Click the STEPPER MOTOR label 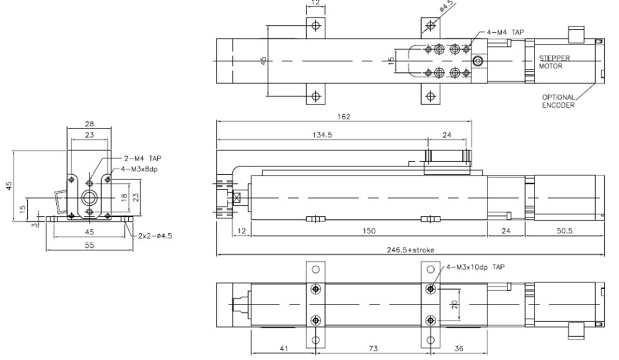tap(555, 62)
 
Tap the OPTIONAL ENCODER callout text tap(558, 101)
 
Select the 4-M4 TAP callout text tap(506, 32)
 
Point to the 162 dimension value tap(344, 117)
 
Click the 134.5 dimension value tap(322, 135)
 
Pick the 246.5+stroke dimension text tap(410, 250)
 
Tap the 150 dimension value tap(369, 231)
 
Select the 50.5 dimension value tap(565, 231)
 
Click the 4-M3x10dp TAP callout tap(475, 267)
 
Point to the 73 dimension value tap(373, 348)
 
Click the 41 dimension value tap(284, 348)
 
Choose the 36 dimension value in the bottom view tap(458, 348)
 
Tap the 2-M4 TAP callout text tap(143, 159)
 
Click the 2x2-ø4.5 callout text tap(155, 236)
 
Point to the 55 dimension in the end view tap(90, 245)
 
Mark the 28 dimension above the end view tap(90, 124)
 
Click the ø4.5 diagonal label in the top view tap(446, 6)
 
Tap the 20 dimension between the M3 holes tap(455, 305)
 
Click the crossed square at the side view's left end tap(237, 197)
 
